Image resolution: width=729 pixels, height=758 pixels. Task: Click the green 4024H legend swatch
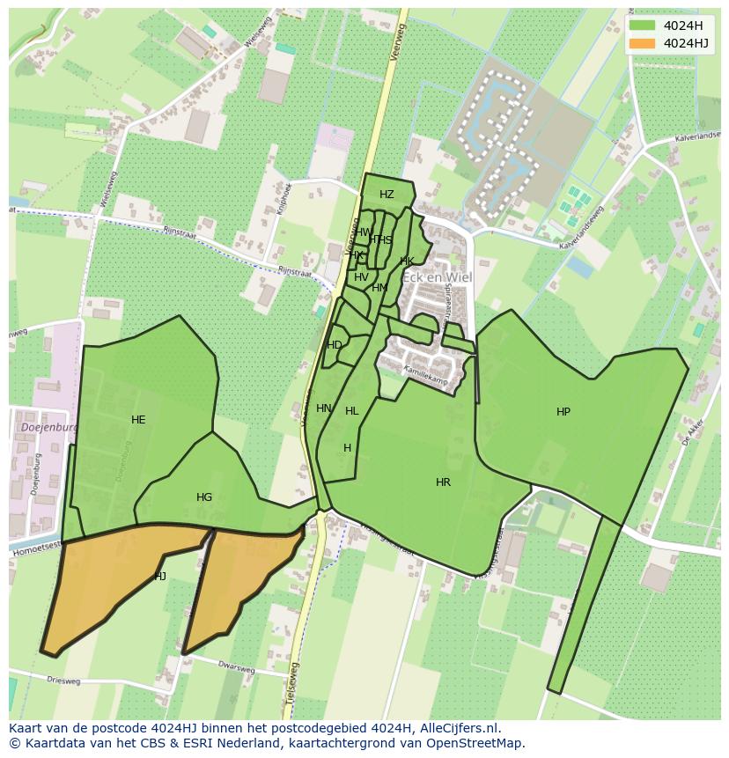point(643,25)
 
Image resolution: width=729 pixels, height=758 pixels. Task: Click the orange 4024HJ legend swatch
point(643,43)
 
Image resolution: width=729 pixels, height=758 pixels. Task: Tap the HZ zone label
point(387,195)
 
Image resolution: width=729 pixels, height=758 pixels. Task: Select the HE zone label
point(138,420)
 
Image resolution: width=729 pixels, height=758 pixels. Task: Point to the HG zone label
point(204,497)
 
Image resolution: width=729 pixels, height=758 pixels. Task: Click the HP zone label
point(563,412)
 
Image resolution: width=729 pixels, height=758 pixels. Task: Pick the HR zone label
point(443,482)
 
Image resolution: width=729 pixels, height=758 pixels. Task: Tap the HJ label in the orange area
point(160,577)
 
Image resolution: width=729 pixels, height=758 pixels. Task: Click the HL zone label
point(352,411)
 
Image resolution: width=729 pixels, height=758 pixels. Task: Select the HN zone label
point(324,408)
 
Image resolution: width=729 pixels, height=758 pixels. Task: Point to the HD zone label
point(335,345)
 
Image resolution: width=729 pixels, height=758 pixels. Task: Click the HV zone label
point(361,277)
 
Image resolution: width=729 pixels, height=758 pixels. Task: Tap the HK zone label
point(407,261)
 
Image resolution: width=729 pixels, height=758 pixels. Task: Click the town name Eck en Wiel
point(438,277)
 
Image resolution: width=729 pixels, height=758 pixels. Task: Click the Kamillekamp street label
point(426,377)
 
